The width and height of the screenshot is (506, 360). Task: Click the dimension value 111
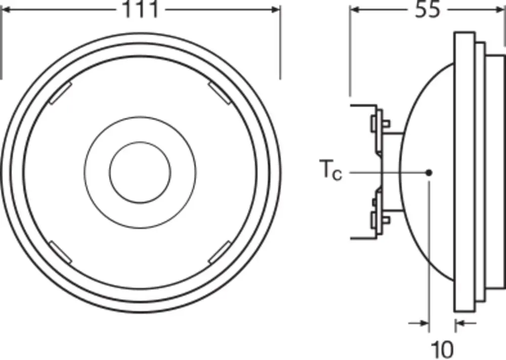tap(140, 10)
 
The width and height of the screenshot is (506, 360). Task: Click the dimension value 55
tap(428, 10)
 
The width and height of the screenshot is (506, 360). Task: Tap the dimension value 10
tap(442, 348)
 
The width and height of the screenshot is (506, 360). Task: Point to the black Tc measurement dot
tap(429, 172)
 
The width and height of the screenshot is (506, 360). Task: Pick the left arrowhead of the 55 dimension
tap(355, 10)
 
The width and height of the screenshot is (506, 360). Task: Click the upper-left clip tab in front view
tap(60, 94)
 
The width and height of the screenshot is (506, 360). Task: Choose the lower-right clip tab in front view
tap(219, 251)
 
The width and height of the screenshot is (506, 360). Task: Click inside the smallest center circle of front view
tap(140, 172)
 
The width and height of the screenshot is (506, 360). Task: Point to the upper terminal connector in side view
tap(379, 123)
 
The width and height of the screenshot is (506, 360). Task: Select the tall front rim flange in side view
tap(464, 172)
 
